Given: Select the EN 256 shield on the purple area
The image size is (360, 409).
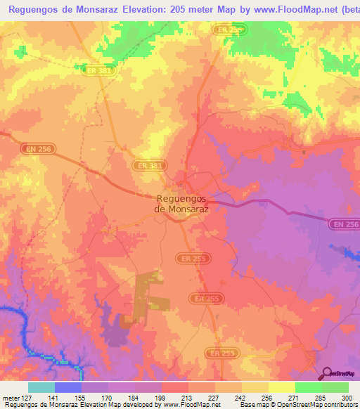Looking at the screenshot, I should pyautogui.click(x=344, y=223).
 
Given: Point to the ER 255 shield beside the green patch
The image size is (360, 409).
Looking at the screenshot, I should pyautogui.click(x=229, y=30).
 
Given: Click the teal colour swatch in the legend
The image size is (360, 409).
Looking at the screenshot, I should pyautogui.click(x=41, y=387).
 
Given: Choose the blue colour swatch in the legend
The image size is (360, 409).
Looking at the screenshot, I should pyautogui.click(x=68, y=387).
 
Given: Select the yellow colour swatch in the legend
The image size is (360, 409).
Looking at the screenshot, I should pyautogui.click(x=281, y=387).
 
